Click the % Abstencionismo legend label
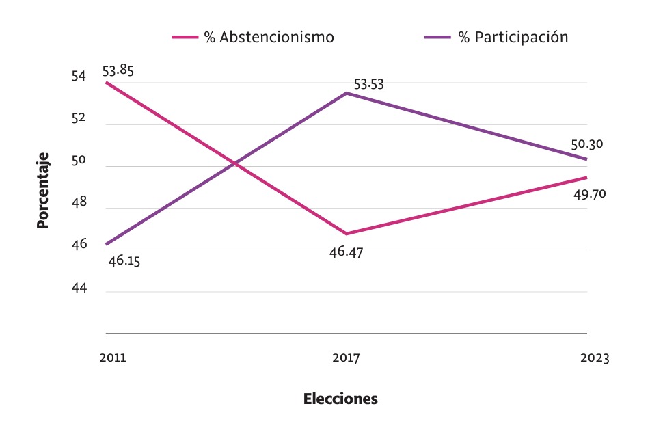click(x=269, y=38)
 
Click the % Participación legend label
click(x=513, y=38)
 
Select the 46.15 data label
click(x=124, y=260)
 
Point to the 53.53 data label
click(x=368, y=85)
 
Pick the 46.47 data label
click(x=346, y=252)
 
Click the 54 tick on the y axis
click(x=79, y=77)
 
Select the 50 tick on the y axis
click(x=79, y=161)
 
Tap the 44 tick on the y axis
click(x=79, y=288)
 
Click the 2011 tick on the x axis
click(x=112, y=358)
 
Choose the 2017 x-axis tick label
click(x=346, y=358)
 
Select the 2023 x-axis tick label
click(x=594, y=358)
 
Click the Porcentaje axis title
click(x=43, y=190)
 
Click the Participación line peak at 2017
click(x=347, y=93)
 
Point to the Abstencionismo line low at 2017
click(x=347, y=234)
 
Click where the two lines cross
click(x=234, y=164)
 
